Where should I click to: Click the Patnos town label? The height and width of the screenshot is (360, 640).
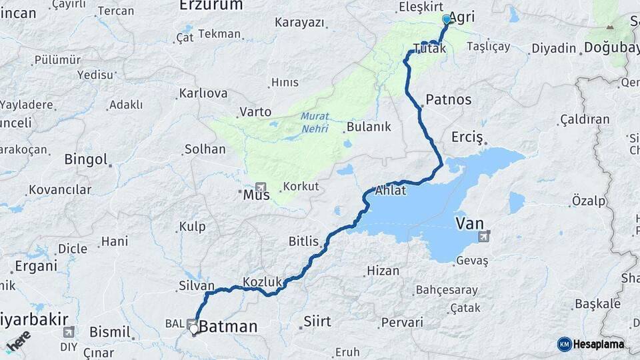(x=448, y=99)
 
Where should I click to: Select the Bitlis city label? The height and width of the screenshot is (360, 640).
(x=304, y=241)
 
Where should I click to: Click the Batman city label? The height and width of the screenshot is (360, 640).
(x=228, y=327)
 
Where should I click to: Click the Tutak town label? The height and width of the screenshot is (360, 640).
(x=429, y=48)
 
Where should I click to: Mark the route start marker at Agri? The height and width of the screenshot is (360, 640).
(x=447, y=20)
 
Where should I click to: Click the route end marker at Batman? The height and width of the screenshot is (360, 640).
(x=194, y=329)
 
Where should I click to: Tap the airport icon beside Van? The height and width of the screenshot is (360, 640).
(x=484, y=236)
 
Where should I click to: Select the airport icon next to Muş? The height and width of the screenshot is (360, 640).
(x=260, y=187)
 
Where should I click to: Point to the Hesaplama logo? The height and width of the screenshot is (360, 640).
(x=591, y=344)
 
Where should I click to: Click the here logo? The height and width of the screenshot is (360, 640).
(x=18, y=342)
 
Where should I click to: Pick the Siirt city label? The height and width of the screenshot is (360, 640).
(x=317, y=321)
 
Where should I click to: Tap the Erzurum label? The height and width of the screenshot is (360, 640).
(x=211, y=5)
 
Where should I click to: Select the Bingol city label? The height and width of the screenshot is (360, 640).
(x=85, y=159)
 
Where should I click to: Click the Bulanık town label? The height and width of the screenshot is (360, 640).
(x=369, y=127)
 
